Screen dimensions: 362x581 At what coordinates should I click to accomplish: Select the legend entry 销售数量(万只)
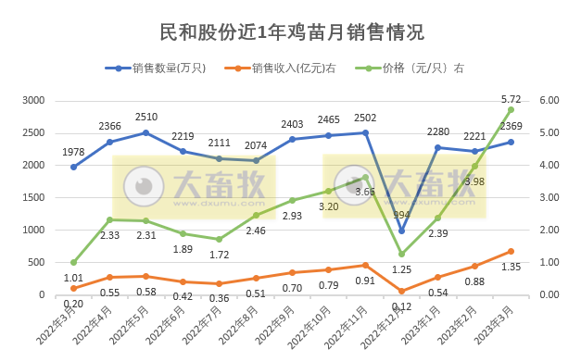point(167,68)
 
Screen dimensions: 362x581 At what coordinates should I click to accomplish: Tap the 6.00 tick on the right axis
point(549,100)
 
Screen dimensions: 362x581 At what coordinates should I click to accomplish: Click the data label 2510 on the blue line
point(145,118)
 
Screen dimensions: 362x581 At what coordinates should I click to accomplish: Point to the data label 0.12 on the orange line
point(401,306)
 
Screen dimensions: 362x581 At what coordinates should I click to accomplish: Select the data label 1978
point(73,152)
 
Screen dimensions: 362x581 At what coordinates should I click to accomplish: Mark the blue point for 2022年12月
point(401,231)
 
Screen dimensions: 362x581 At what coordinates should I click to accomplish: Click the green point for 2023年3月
point(511,109)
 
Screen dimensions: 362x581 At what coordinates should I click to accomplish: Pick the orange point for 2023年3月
point(511,251)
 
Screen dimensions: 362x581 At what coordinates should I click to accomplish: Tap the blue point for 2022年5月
point(145,132)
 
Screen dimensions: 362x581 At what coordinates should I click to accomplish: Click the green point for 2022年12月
point(401,254)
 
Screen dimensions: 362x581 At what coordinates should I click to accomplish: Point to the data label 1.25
point(401,269)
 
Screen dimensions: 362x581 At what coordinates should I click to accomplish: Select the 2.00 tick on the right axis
point(549,230)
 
